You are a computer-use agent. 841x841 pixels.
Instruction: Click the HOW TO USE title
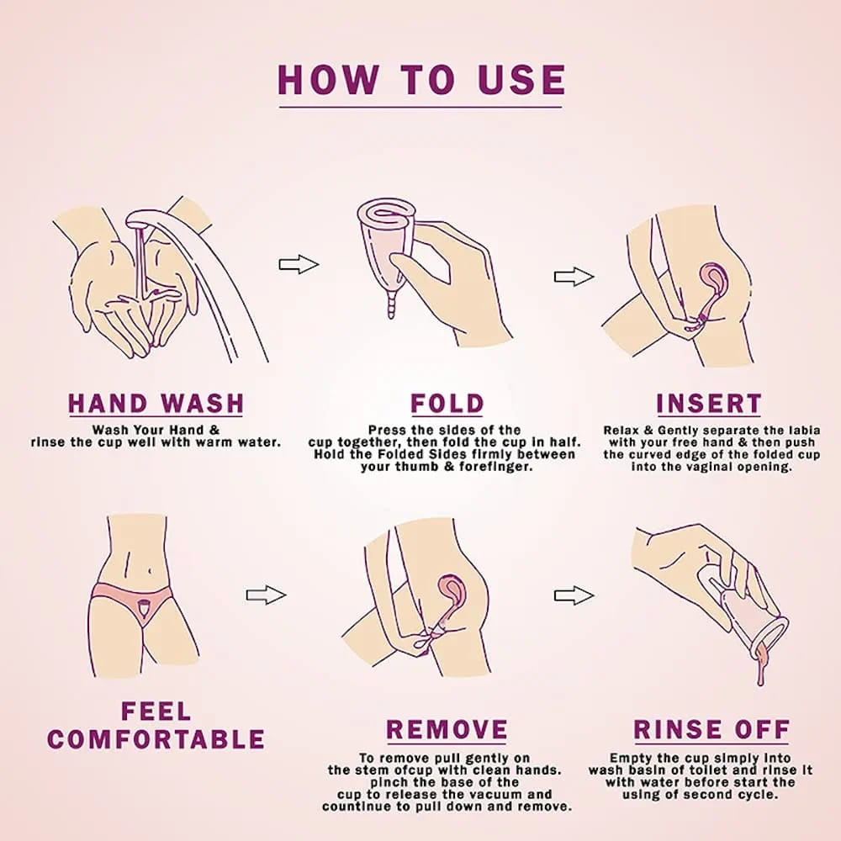click(421, 80)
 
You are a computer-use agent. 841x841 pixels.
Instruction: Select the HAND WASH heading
click(156, 404)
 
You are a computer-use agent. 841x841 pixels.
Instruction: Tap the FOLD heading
click(447, 404)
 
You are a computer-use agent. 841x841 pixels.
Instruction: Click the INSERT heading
click(708, 404)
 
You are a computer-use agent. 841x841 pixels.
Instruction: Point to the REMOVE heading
click(447, 730)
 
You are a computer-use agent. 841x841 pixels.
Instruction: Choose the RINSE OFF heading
click(711, 730)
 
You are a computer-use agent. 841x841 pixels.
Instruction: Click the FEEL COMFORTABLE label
click(156, 725)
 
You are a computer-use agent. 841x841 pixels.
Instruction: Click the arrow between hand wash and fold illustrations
click(299, 264)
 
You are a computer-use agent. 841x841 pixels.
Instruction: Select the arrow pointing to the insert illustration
click(574, 277)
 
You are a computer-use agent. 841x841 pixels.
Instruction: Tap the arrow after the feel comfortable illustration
click(266, 595)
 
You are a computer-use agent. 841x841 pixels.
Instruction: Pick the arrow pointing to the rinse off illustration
click(574, 595)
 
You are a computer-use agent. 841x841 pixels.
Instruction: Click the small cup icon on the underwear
click(144, 609)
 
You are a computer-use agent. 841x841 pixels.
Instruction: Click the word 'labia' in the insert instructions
click(805, 430)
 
